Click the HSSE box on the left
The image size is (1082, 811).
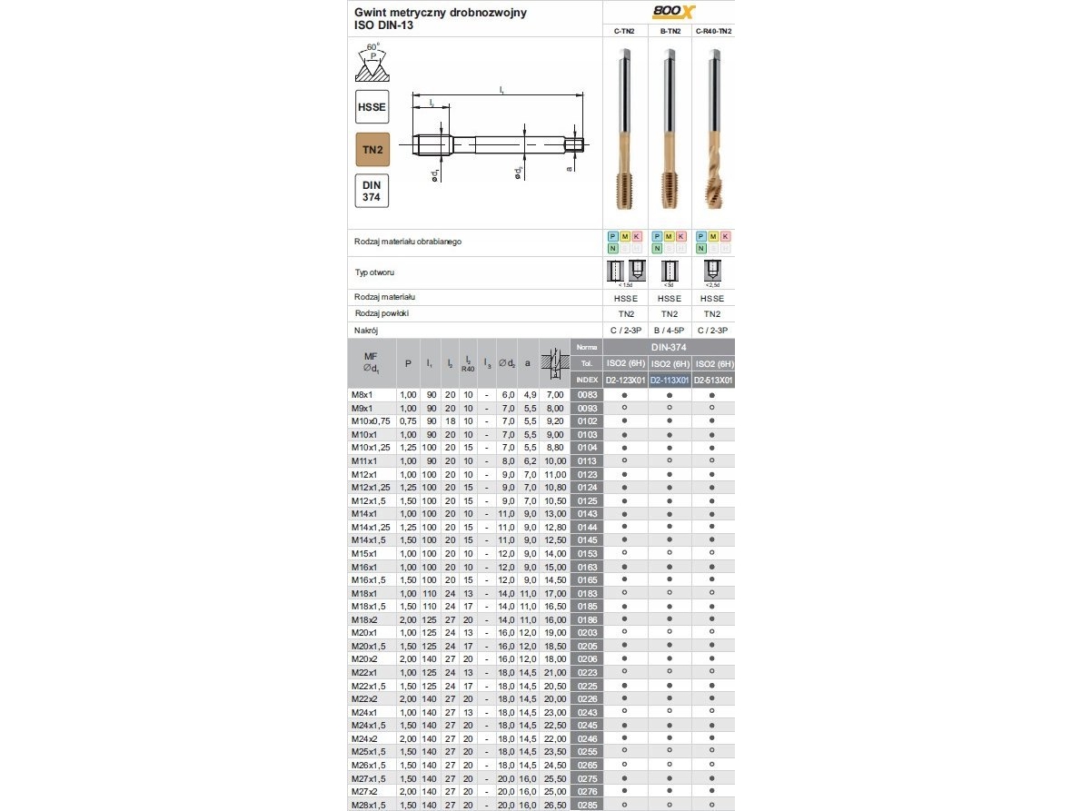pos(372,107)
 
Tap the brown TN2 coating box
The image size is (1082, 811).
pos(372,150)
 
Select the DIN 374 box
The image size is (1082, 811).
pos(372,191)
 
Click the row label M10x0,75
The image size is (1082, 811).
pos(372,421)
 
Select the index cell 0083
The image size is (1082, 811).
pos(586,395)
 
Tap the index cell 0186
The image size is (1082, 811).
pos(586,618)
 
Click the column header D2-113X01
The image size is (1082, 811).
pos(670,380)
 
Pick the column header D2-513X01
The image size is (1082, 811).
pos(713,380)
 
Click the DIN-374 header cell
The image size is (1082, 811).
pos(669,347)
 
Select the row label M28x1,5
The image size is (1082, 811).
pos(371,804)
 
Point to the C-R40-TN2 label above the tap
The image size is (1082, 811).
pos(713,31)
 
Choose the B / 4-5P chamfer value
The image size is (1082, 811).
pos(670,331)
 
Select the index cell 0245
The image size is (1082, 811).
pos(586,725)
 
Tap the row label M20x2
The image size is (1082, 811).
pos(366,658)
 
